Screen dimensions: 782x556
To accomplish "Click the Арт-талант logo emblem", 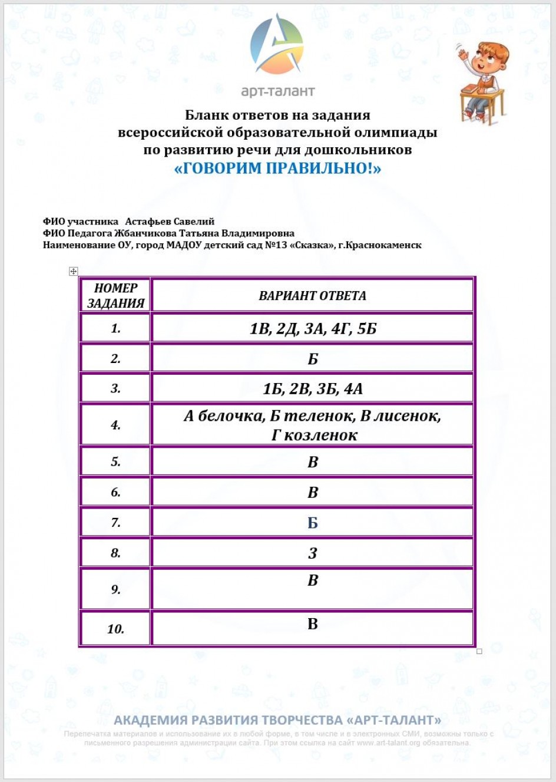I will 277,46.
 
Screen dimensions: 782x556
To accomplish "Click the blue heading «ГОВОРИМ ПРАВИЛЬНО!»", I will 277,169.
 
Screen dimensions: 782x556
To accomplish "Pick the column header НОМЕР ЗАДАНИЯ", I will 115,295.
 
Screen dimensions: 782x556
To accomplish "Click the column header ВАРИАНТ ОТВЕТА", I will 312,296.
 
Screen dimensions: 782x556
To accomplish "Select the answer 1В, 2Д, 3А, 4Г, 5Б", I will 313,328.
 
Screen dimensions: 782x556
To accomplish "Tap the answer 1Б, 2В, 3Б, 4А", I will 313,389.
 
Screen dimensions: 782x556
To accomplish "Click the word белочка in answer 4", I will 231,416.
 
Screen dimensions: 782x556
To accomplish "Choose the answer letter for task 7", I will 313,523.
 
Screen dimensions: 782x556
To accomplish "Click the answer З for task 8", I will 313,553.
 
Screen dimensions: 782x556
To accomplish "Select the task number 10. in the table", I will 115,629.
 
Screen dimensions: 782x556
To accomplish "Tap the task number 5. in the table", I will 115,462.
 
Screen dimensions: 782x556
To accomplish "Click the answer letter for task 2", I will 313,359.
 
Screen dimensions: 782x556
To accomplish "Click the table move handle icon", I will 74,271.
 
